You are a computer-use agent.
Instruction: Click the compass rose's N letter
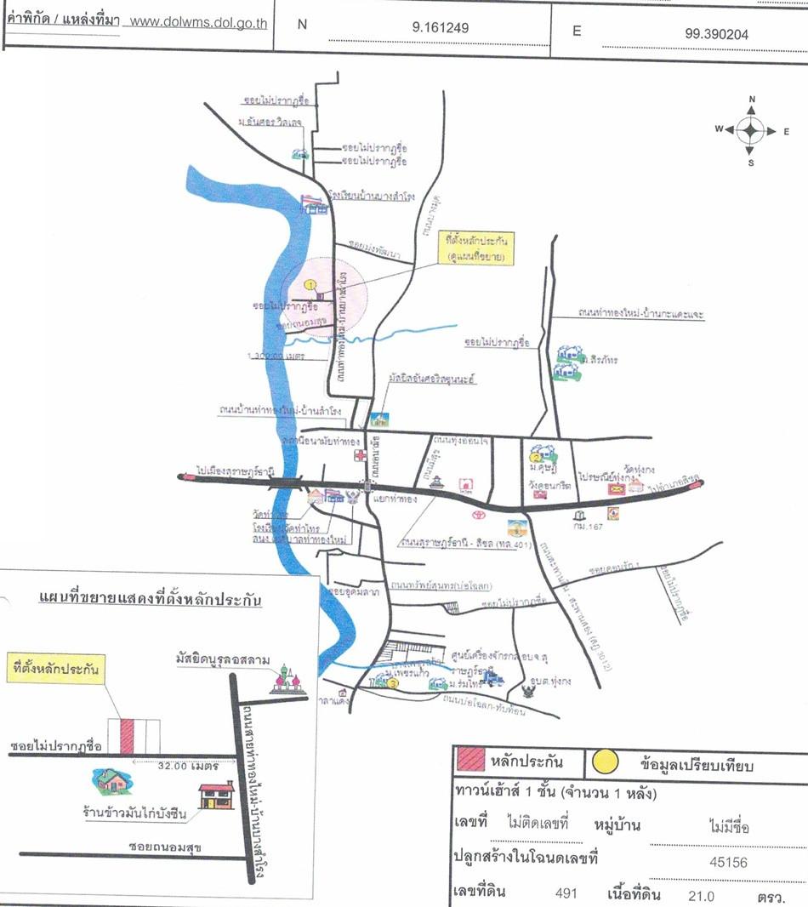[x=752, y=100]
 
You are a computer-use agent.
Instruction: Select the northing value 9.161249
[x=440, y=27]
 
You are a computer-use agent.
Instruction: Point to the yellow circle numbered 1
[x=310, y=285]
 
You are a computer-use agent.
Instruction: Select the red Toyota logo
[x=478, y=514]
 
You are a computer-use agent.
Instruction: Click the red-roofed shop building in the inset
[x=216, y=796]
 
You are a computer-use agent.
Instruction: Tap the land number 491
[x=566, y=893]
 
